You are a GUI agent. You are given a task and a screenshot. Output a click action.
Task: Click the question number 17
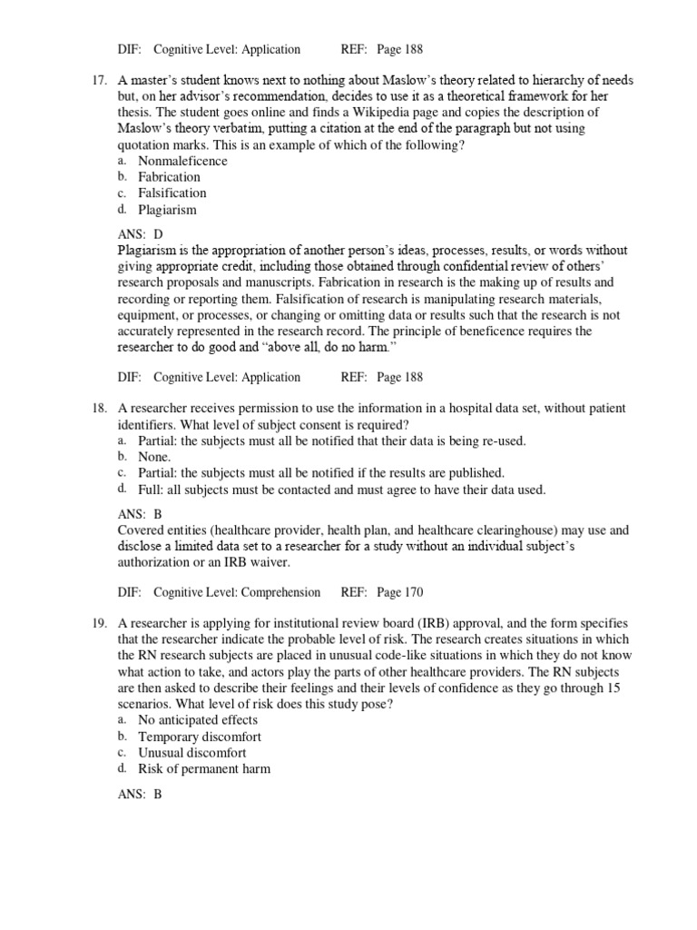click(x=102, y=81)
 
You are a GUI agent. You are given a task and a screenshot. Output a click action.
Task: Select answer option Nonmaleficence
click(x=182, y=161)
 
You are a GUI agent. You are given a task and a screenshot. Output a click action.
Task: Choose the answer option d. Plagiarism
click(x=167, y=210)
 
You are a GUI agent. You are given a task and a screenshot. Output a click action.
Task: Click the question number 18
click(x=102, y=409)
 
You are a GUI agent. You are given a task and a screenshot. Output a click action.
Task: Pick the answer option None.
click(x=154, y=457)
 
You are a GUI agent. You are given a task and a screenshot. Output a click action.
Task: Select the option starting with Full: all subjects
click(x=341, y=490)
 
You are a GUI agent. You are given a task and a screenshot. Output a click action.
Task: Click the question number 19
click(x=102, y=623)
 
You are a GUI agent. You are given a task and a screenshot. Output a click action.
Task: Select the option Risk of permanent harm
click(x=203, y=769)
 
